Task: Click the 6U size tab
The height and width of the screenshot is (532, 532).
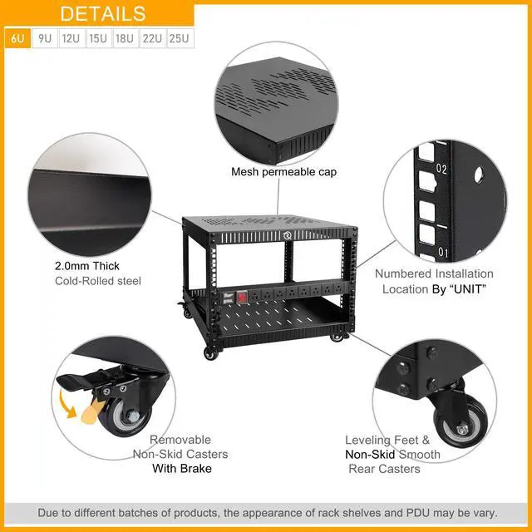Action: click(x=17, y=38)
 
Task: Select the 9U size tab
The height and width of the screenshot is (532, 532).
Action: click(x=45, y=38)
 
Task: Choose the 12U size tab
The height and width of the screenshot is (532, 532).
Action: click(x=71, y=38)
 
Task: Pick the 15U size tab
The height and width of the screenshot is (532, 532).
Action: click(x=99, y=38)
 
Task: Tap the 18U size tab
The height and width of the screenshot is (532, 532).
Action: click(x=126, y=38)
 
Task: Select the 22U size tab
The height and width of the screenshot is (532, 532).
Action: click(x=153, y=38)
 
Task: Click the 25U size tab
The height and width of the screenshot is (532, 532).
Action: click(x=180, y=38)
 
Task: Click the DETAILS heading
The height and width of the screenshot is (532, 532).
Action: click(x=103, y=13)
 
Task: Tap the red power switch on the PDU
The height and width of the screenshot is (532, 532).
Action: click(x=241, y=298)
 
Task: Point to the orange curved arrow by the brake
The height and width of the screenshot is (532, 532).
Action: click(x=66, y=405)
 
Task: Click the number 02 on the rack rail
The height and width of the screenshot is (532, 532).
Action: click(x=441, y=169)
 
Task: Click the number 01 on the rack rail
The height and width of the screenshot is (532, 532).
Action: click(x=443, y=252)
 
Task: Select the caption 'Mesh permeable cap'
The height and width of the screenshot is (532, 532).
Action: click(x=283, y=172)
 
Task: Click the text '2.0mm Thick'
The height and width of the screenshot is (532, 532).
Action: click(x=86, y=266)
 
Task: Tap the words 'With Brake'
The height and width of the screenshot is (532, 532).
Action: click(x=182, y=469)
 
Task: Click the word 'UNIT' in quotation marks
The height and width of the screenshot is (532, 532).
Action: click(x=468, y=289)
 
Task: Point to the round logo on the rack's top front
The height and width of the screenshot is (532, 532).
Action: click(x=287, y=235)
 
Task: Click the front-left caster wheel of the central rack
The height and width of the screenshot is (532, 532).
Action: click(x=211, y=354)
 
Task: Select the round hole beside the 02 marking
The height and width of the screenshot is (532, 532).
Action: click(x=479, y=175)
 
